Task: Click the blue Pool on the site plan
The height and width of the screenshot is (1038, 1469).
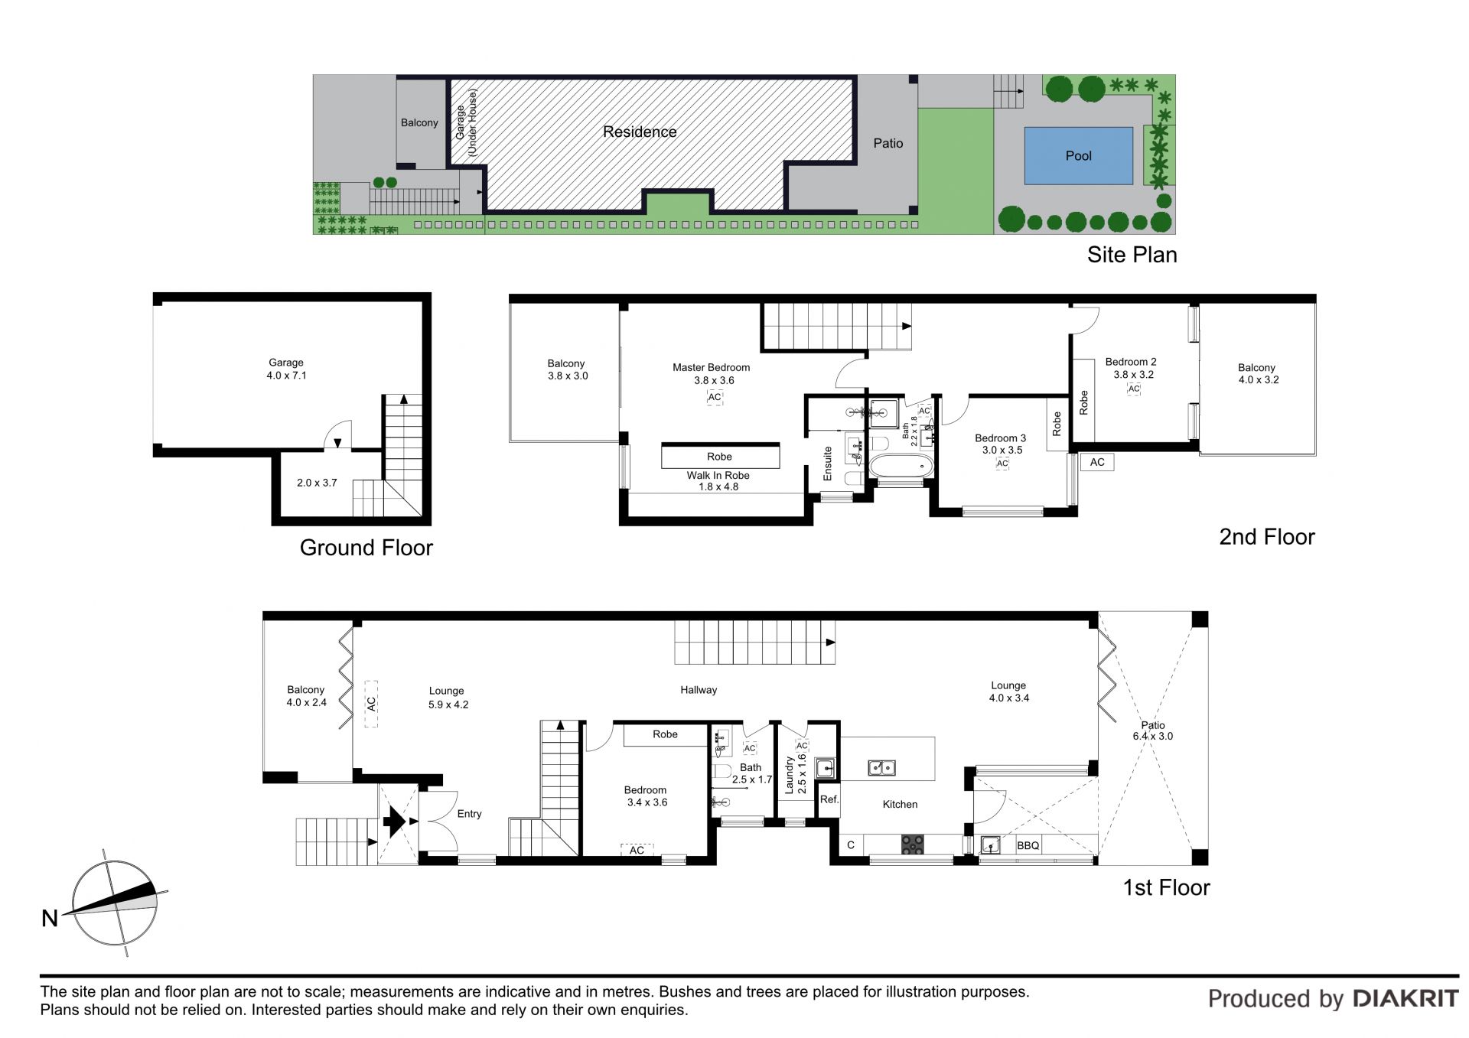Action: pos(1078,155)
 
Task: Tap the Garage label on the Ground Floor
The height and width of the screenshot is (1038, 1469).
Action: pos(286,363)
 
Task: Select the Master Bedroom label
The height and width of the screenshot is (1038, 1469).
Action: pos(712,367)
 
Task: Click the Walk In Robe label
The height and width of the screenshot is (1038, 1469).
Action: pos(718,475)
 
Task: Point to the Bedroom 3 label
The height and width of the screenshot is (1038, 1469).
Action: pos(1000,438)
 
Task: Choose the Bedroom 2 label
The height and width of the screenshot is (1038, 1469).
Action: pos(1131,362)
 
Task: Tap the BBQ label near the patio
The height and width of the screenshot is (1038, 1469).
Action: pos(1028,845)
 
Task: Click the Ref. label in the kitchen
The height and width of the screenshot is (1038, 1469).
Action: pos(829,799)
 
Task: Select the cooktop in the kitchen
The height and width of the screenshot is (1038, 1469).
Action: pos(912,844)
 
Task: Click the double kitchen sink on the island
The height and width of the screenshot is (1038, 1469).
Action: pos(881,767)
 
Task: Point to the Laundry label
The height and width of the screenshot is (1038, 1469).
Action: pos(790,774)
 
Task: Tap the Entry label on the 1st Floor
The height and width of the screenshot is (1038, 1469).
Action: pos(469,814)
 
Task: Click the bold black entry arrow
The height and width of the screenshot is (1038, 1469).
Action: pos(394,822)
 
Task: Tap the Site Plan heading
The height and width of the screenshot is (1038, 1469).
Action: pos(1132,255)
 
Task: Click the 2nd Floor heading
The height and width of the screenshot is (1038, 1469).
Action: pos(1266,537)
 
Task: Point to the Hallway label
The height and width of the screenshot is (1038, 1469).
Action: pos(699,690)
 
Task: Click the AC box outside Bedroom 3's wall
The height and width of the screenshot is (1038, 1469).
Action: pos(1097,462)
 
